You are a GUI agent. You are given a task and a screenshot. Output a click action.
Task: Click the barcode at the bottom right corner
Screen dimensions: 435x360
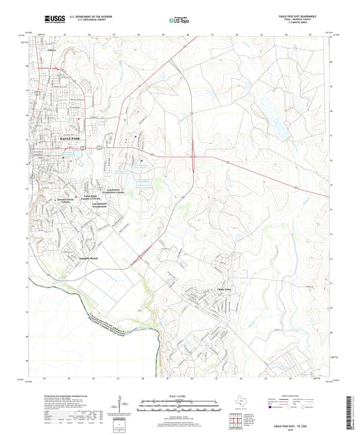pyautogui.click(x=352, y=411)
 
